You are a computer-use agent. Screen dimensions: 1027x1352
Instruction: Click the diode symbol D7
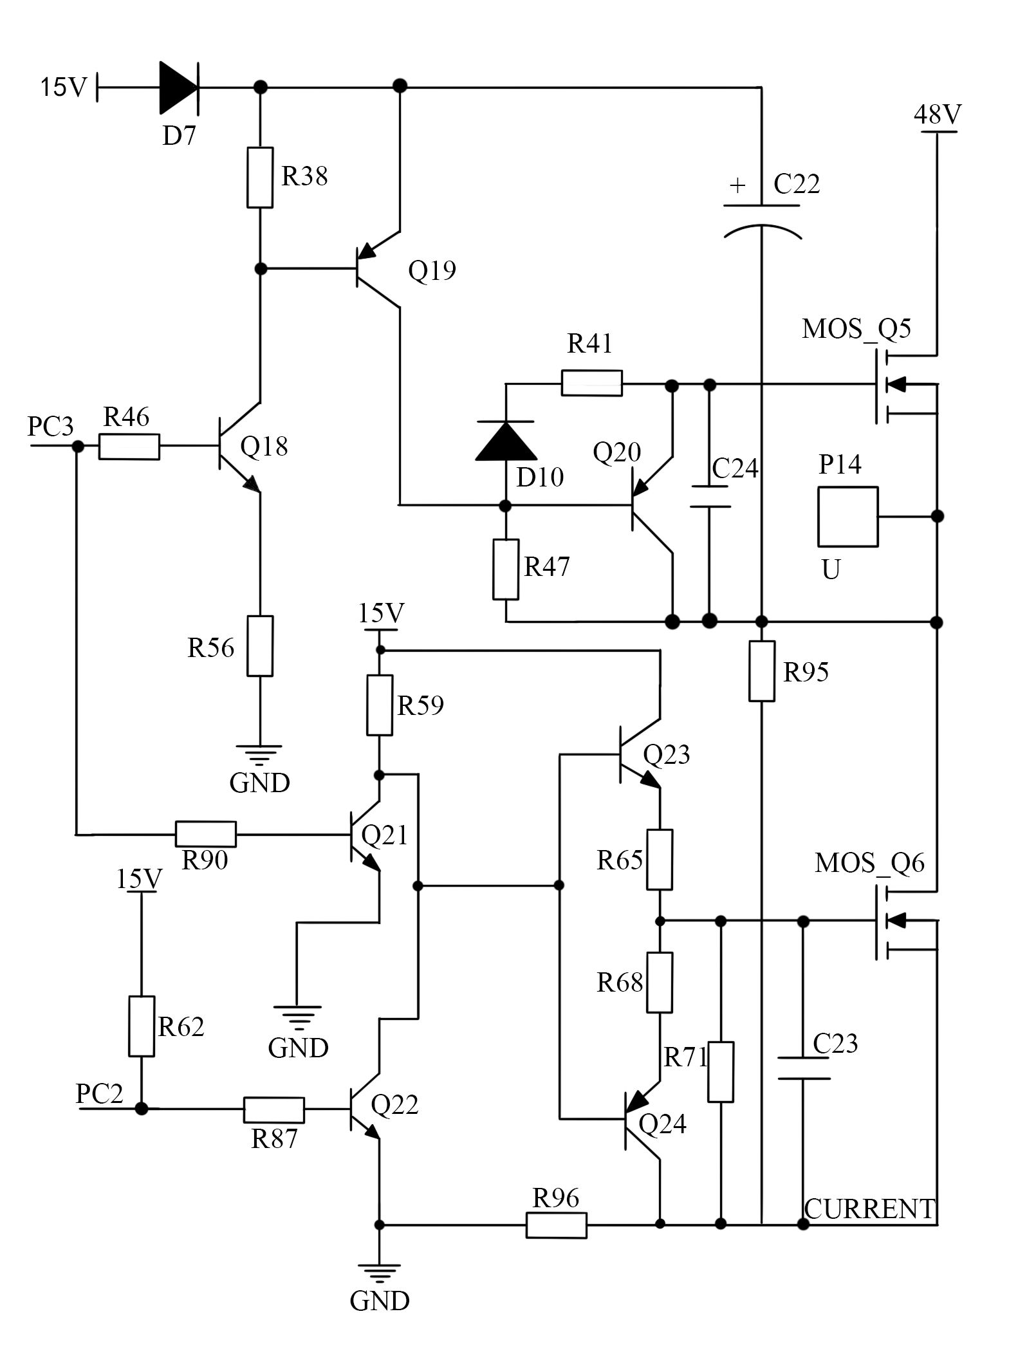coord(179,87)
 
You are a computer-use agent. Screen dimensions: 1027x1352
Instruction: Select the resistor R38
coord(260,177)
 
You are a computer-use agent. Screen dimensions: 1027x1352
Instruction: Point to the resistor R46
coord(129,446)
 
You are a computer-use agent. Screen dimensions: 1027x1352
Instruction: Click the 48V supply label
coord(937,115)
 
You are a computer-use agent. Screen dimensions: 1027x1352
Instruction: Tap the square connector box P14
coord(847,517)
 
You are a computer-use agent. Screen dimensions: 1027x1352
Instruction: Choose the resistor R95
coord(761,671)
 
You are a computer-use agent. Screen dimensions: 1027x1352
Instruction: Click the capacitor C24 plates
coord(710,497)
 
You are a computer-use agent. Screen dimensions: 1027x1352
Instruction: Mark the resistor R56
coord(260,645)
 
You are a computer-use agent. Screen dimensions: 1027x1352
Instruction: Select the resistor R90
coord(205,834)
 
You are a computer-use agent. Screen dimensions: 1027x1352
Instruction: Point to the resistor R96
coord(556,1225)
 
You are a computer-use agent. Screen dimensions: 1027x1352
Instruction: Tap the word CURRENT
coord(869,1209)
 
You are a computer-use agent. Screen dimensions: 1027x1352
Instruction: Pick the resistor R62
coord(142,1026)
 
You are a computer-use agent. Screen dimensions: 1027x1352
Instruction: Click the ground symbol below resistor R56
coord(260,753)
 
